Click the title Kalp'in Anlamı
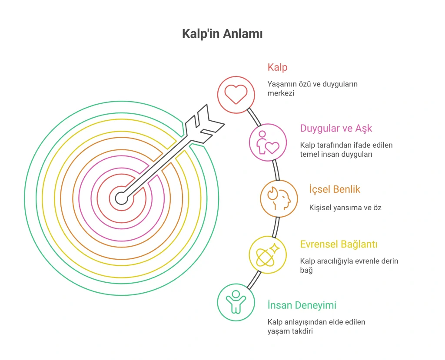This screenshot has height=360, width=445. [x=222, y=34]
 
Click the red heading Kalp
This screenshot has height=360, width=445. [x=277, y=67]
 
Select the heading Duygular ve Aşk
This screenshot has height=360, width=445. [x=336, y=129]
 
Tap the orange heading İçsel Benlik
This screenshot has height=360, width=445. [x=335, y=189]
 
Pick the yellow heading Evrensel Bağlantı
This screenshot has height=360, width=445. [x=339, y=244]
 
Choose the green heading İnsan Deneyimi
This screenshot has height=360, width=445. [x=302, y=305]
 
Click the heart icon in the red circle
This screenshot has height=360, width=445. [x=236, y=95]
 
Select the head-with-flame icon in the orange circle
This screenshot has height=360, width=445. [x=279, y=198]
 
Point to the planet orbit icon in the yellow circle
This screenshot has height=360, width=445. [x=268, y=254]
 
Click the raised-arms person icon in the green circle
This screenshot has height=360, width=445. [x=236, y=302]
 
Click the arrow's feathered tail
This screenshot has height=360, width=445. [x=205, y=124]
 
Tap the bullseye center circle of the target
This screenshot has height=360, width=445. [x=122, y=198]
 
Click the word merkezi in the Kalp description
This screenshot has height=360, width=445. [x=281, y=93]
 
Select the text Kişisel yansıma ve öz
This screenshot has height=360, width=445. [x=345, y=208]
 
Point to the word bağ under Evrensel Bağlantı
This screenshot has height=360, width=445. [x=306, y=270]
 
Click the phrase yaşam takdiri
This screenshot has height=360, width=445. [x=290, y=331]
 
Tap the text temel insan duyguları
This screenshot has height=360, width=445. [x=336, y=154]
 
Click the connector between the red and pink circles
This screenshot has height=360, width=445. [x=254, y=117]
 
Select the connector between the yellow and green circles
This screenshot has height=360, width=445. [x=254, y=280]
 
